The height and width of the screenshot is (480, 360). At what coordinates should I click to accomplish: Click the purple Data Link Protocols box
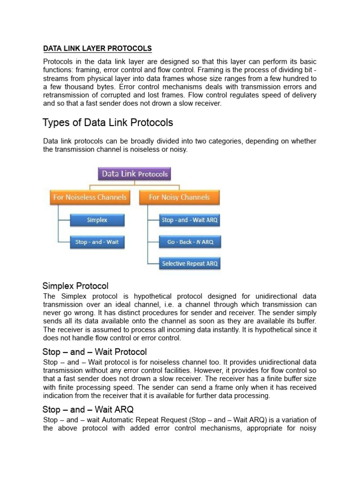pos(135,174)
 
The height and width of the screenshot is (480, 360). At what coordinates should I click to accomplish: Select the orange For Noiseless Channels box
pos(90,197)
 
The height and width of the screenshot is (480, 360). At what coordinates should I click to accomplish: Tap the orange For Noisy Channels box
pos(179,197)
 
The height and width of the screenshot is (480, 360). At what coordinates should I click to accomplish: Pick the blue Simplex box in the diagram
pos(97,220)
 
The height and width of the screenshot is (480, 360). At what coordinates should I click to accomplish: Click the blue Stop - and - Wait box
pos(97,242)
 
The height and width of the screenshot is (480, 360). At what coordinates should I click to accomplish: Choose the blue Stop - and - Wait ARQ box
pos(189,220)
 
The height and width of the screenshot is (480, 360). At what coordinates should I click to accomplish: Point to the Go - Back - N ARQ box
pos(189,242)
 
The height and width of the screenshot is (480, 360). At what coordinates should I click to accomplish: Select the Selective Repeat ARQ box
pos(189,264)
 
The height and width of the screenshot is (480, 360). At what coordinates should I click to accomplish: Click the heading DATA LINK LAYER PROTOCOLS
pos(97,48)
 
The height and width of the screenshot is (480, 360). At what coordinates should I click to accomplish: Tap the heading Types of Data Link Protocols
pos(108,123)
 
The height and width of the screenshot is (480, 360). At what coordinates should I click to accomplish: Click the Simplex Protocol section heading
pos(75,285)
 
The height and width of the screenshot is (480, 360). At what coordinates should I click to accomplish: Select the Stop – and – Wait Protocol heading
pos(95,352)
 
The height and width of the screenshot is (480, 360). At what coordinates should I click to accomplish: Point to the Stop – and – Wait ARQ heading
pos(84,410)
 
